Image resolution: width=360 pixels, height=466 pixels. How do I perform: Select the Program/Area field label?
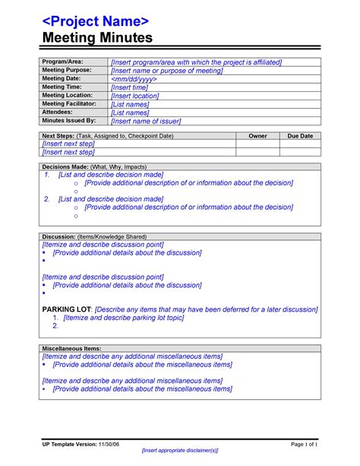point(62,61)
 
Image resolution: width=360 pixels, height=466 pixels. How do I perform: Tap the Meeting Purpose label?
point(68,70)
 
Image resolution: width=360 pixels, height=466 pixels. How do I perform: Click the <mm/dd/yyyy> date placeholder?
point(134,79)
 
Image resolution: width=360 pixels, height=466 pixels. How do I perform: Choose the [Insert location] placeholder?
point(140,96)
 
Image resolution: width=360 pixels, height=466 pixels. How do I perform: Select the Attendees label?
point(58,112)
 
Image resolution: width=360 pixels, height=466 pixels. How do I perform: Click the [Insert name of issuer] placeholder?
point(156,120)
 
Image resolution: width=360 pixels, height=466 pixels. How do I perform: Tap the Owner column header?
point(258,135)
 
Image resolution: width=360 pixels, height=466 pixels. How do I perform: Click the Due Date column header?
point(299,135)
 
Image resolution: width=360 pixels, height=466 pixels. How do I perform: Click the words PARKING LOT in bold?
point(66,310)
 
